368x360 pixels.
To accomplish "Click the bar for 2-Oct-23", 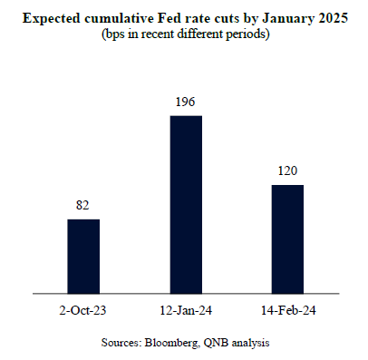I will point(83,257).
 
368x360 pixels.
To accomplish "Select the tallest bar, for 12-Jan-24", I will point(186,205).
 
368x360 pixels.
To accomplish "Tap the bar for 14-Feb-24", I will point(287,239).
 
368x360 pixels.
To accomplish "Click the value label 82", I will point(83,207).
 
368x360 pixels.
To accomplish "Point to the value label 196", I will point(186,103).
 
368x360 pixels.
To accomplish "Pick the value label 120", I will point(287,172).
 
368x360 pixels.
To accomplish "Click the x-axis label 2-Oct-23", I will point(83,309).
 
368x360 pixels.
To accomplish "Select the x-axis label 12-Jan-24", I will point(186,309).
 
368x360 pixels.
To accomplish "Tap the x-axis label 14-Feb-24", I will point(287,309).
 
